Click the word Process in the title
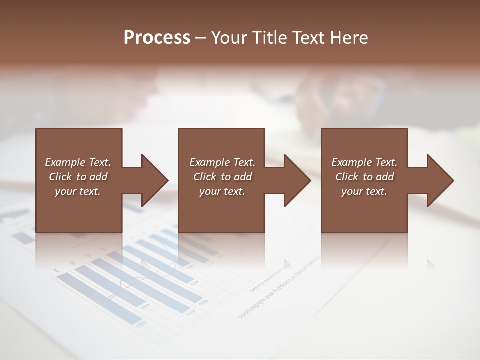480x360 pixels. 157,38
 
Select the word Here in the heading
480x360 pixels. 349,38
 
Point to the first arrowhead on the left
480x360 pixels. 152,180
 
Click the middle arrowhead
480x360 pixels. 295,180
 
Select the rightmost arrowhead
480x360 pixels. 438,180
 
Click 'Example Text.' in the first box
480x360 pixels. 78,162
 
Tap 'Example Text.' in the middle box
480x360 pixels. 222,162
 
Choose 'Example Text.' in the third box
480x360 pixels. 364,162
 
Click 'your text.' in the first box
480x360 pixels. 78,191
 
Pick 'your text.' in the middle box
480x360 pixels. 222,191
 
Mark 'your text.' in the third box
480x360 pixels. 364,191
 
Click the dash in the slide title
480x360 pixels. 201,38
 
